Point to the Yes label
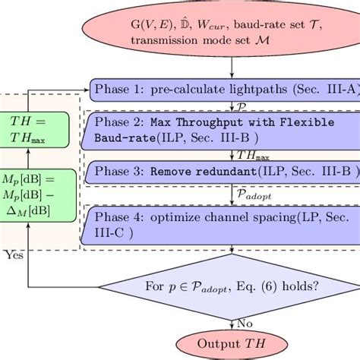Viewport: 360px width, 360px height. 14,255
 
